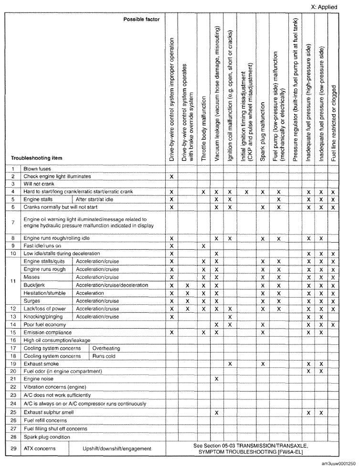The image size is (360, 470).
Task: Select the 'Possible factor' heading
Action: (142, 20)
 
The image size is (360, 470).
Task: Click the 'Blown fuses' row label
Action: (36, 168)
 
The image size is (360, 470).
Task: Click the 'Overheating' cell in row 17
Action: (106, 348)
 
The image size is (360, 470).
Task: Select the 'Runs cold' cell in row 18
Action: (103, 356)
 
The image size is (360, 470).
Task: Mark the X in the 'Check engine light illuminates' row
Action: (171, 176)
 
